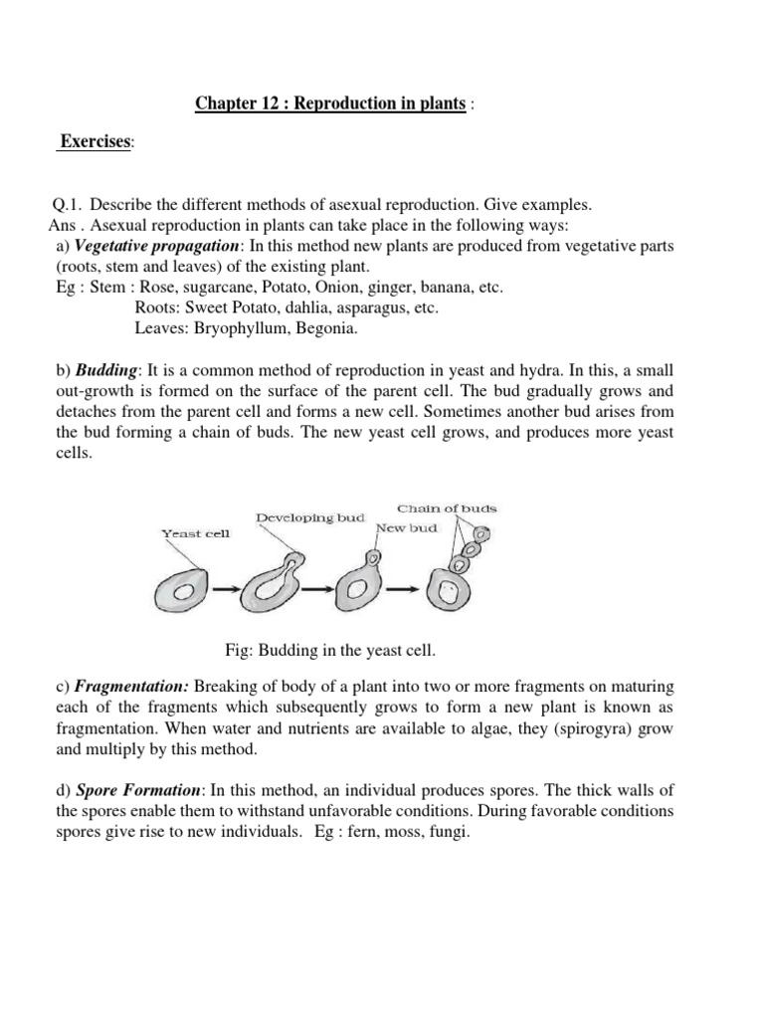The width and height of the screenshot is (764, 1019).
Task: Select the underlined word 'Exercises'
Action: (95, 142)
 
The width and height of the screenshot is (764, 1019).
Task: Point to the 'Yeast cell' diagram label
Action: (195, 533)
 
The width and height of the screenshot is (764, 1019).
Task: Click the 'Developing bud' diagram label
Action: (310, 517)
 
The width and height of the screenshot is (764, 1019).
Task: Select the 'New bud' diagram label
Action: (406, 527)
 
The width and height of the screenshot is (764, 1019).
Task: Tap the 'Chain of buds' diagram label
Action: (447, 509)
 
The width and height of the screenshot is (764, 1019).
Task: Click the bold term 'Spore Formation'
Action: (140, 790)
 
